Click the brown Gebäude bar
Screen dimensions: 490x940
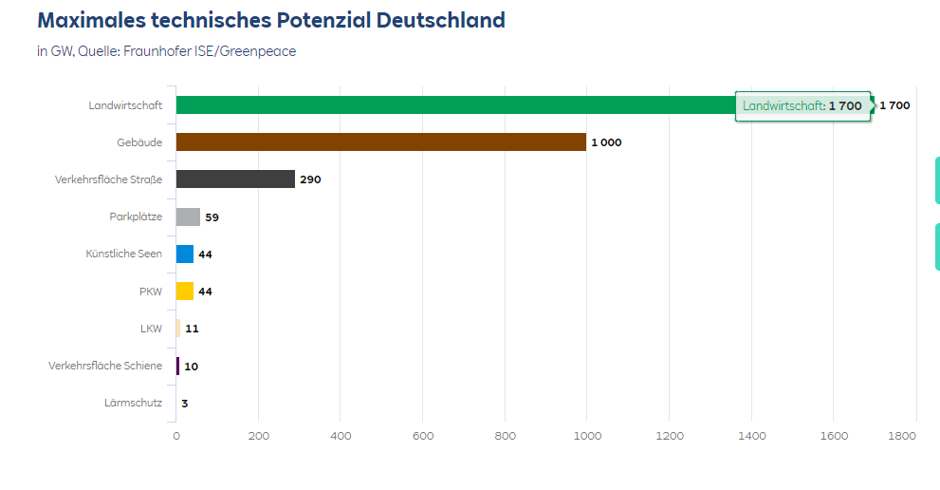(x=380, y=142)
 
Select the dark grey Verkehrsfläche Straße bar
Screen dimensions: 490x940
(x=235, y=179)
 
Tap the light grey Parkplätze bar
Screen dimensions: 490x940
(x=188, y=217)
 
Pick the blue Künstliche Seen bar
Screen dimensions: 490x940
(x=185, y=254)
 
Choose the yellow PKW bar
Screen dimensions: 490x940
(x=185, y=292)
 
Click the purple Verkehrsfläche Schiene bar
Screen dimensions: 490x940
(x=177, y=366)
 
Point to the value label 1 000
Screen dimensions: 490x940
(x=606, y=142)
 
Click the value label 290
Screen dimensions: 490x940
(x=310, y=179)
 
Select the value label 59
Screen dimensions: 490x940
(x=212, y=217)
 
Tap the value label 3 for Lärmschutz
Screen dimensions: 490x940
(x=185, y=404)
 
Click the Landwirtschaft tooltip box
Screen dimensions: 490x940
(x=802, y=106)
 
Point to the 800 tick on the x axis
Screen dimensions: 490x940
(x=505, y=436)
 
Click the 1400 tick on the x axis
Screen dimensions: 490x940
(x=751, y=436)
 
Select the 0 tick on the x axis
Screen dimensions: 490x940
(x=175, y=436)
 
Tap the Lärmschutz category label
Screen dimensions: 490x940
(x=133, y=403)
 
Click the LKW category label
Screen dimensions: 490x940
(x=151, y=329)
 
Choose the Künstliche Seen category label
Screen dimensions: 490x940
(x=123, y=254)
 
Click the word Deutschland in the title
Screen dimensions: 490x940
(x=439, y=21)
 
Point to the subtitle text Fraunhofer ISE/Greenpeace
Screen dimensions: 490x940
(x=210, y=51)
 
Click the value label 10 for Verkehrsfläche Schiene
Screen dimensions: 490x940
(x=191, y=367)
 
